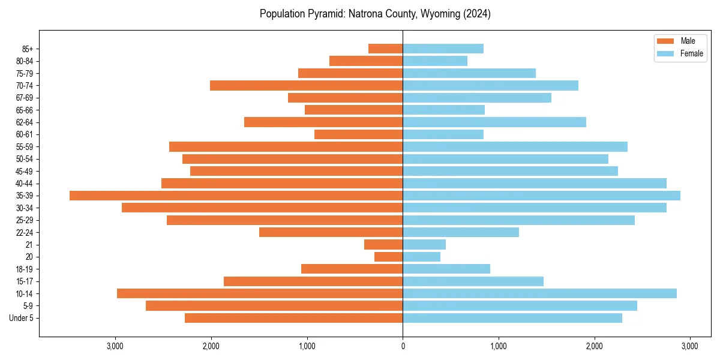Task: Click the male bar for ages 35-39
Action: tap(236, 196)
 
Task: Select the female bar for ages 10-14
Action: tap(539, 293)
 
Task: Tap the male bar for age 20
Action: tap(388, 257)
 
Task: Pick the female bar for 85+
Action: tap(443, 49)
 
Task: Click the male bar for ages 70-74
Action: tap(306, 85)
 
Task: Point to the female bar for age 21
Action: tap(424, 244)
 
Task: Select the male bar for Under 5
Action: tap(293, 318)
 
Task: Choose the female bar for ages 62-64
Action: tap(494, 122)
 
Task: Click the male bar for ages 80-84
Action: tap(366, 61)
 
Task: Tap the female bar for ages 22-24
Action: tap(461, 232)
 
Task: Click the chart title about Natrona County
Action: tap(375, 14)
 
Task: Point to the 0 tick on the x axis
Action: tap(403, 346)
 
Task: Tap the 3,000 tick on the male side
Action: tap(115, 346)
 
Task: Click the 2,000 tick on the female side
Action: tap(594, 346)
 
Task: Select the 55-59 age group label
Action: tap(25, 146)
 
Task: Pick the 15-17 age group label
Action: tap(25, 281)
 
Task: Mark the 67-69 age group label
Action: tap(25, 98)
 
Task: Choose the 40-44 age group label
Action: tap(25, 183)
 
